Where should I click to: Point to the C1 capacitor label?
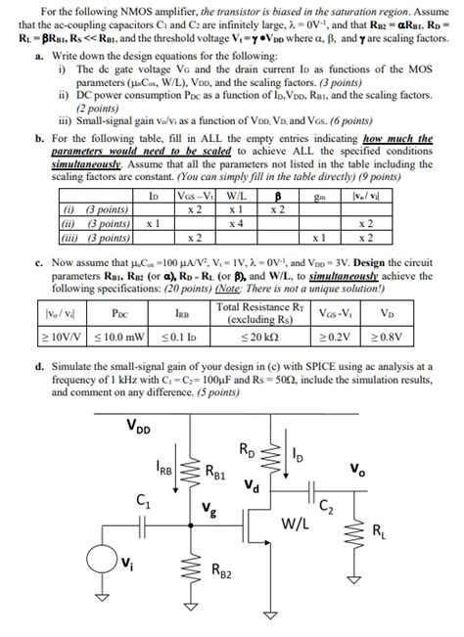[x=142, y=503]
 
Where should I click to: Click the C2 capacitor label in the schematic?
[x=327, y=505]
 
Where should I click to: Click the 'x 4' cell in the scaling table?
[x=235, y=223]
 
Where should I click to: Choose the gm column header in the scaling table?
[x=318, y=196]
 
